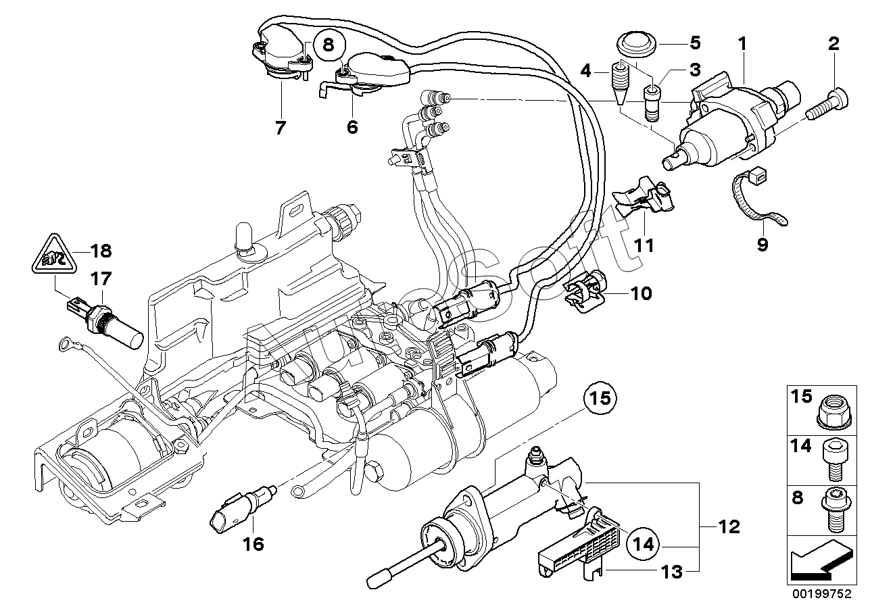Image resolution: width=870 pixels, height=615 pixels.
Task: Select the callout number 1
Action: [742, 45]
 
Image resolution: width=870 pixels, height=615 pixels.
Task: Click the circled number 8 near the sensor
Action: [329, 46]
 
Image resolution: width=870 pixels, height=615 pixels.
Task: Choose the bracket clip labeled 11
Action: [642, 203]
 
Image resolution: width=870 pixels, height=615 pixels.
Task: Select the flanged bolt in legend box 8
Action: [831, 508]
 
